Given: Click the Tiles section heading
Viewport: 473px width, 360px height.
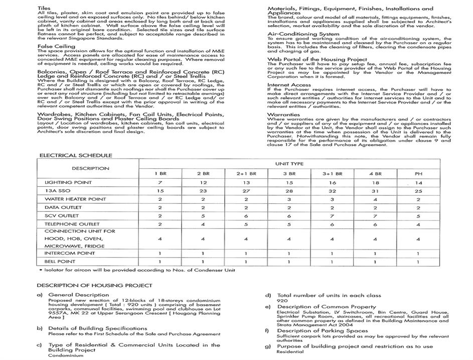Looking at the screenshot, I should point(44,9).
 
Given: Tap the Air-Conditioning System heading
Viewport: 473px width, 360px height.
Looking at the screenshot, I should point(296,34).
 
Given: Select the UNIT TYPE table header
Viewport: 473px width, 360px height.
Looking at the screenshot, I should point(289,164).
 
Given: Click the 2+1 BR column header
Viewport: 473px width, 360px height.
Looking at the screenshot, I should point(246,173).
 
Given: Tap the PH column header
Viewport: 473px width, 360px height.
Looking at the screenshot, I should point(418,173).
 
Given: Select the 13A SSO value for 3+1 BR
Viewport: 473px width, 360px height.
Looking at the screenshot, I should point(332,191).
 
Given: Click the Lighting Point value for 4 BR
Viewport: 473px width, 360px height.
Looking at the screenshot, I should point(375,183).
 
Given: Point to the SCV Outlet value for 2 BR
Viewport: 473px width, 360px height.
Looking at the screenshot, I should point(203,216).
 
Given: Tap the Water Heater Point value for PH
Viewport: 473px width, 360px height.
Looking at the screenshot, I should point(418,199).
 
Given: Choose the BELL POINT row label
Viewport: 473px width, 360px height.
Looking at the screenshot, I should point(60,262).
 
